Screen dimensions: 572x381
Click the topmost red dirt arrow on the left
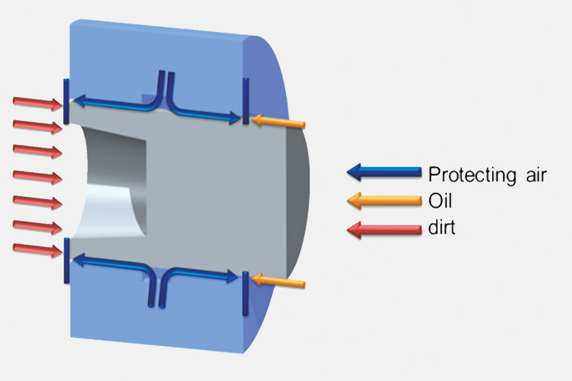click(38, 103)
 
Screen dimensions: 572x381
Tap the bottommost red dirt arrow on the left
click(38, 250)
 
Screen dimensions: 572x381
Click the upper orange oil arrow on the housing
click(278, 121)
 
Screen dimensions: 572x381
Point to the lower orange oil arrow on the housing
click(278, 282)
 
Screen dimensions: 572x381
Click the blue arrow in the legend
click(384, 172)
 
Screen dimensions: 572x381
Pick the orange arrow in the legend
click(384, 201)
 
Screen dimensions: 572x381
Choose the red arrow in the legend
click(384, 230)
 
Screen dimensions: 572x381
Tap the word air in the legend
click(536, 175)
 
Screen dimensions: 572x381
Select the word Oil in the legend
click(440, 201)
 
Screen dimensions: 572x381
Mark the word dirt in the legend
click(442, 227)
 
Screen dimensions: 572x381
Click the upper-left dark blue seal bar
click(66, 101)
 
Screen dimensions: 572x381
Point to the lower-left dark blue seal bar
click(66, 260)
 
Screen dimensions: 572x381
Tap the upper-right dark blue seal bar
click(246, 101)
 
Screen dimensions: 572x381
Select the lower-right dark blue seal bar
click(245, 293)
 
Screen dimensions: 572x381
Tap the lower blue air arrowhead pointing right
click(232, 276)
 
